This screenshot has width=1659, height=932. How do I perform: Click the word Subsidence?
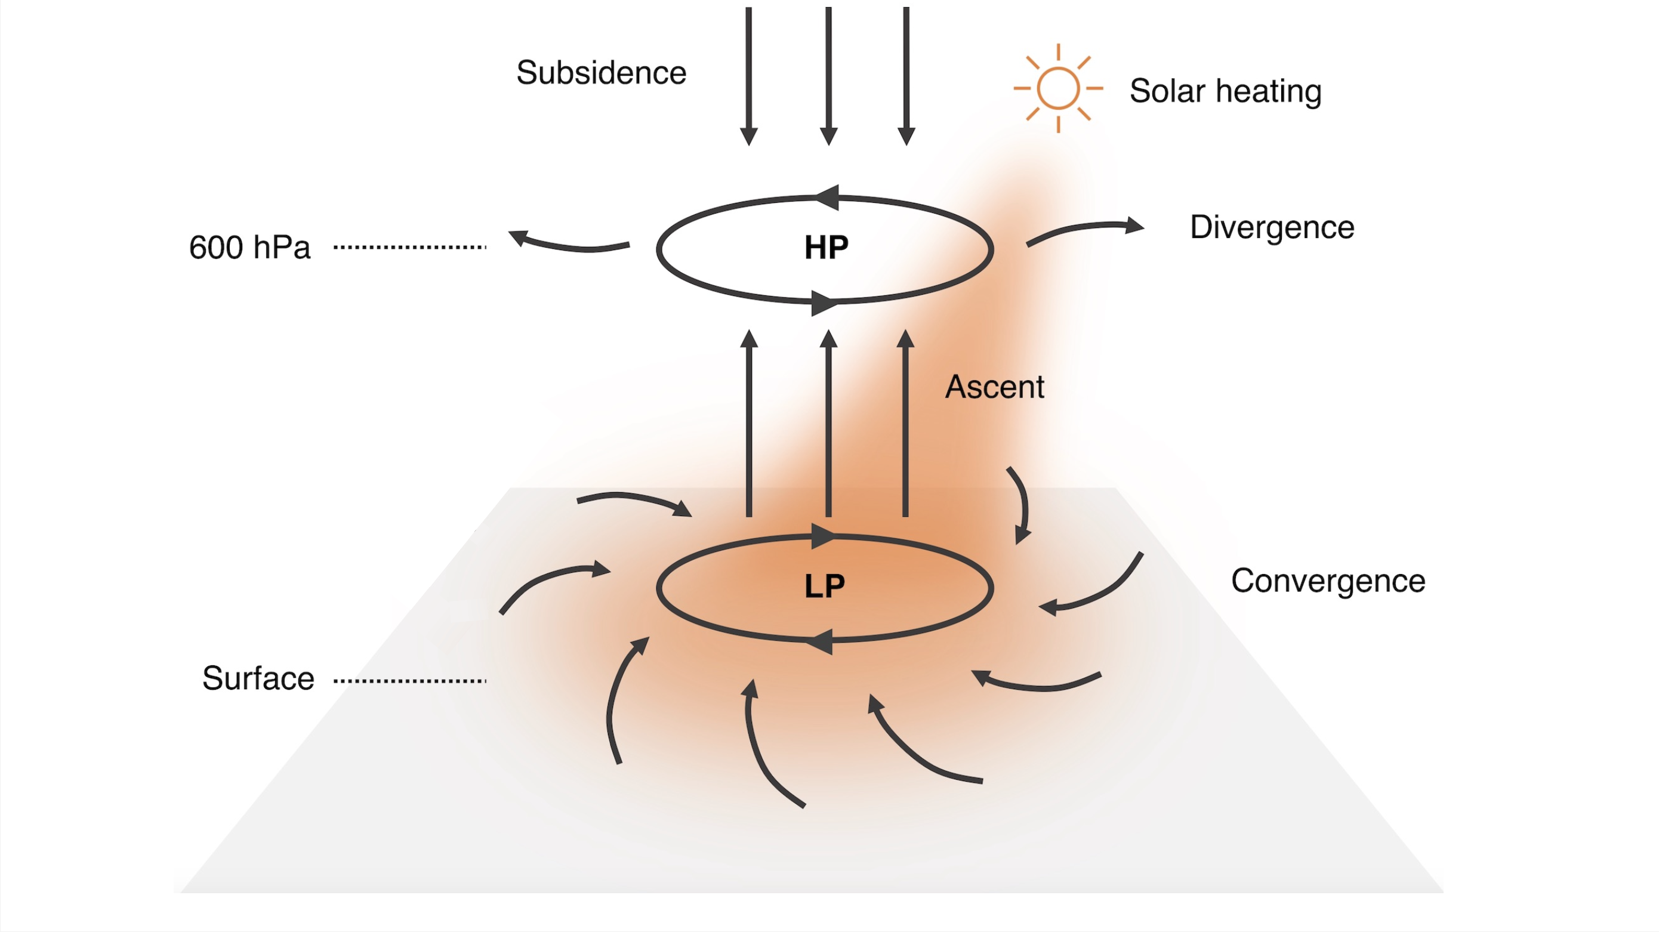tap(601, 73)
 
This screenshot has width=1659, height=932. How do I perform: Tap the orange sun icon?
tap(1057, 88)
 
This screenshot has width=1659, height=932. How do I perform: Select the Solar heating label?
tap(1225, 91)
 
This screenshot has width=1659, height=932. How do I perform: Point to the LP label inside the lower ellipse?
tap(824, 586)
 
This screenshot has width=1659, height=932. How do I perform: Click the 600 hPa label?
tap(250, 248)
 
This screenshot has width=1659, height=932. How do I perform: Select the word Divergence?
tap(1272, 227)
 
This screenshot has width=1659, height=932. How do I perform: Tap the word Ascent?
tap(994, 387)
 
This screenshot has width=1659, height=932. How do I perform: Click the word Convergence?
tap(1328, 581)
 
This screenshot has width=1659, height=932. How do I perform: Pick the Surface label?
tap(258, 678)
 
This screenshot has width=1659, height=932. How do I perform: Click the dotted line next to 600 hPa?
tap(409, 246)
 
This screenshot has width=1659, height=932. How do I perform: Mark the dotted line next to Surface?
tap(409, 680)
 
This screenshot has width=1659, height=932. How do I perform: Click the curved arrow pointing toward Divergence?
tap(1084, 230)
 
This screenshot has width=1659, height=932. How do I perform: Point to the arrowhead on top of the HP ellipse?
tap(828, 197)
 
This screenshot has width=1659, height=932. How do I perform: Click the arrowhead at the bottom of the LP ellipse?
tap(821, 641)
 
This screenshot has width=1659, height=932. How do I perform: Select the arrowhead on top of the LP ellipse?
tap(822, 536)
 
